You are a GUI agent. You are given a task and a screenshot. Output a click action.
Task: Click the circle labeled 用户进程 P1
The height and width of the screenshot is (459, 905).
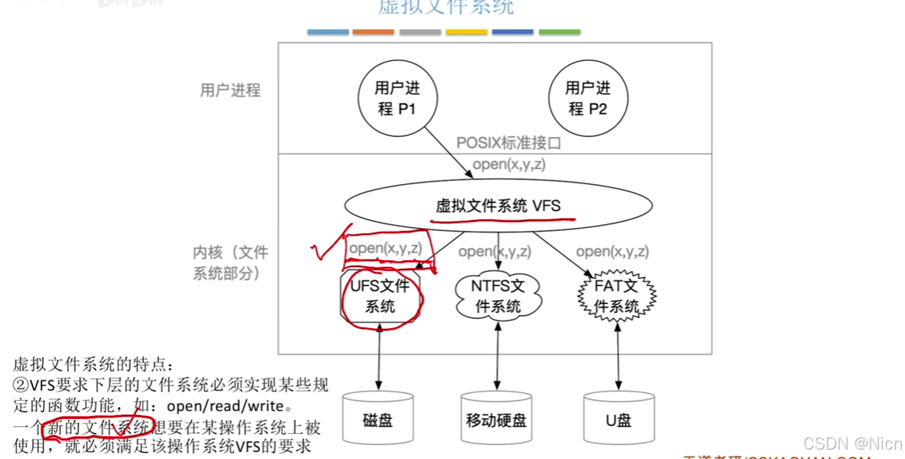pos(397,98)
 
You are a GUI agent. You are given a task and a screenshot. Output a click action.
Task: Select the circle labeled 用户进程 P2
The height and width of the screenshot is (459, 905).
pos(587,98)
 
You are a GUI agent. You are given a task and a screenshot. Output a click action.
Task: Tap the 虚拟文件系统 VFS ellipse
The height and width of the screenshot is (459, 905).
pos(498,206)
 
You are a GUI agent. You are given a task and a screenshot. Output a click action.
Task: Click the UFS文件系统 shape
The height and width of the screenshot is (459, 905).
pos(380,296)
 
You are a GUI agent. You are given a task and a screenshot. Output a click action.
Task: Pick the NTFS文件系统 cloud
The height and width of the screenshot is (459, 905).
pos(497,296)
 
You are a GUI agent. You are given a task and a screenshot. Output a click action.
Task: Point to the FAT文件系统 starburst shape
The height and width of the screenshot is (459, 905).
pos(616,296)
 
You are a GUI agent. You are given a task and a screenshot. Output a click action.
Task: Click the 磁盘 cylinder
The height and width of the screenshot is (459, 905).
pos(378,419)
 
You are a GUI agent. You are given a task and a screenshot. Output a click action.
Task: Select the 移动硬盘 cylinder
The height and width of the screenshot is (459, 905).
pos(496,419)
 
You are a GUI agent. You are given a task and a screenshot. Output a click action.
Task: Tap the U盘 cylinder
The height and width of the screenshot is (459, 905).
pos(618,419)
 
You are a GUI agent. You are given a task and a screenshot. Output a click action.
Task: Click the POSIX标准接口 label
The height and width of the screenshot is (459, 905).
pos(509,144)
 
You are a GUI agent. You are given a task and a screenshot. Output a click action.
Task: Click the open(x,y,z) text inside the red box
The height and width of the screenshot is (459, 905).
pos(386,248)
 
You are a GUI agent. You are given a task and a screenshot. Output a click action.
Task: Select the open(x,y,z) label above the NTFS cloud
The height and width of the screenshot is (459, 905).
pos(495,251)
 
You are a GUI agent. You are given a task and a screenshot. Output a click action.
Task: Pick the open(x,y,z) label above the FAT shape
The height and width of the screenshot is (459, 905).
pos(612,251)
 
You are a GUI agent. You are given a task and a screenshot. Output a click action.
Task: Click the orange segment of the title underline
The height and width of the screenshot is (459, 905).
pos(373,32)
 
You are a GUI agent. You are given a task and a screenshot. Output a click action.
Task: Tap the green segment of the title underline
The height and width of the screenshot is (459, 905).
pos(559,32)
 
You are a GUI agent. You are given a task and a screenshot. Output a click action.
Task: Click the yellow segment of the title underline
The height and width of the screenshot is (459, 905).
pos(466,32)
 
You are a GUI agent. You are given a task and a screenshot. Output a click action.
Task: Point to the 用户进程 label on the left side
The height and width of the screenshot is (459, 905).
pos(230,90)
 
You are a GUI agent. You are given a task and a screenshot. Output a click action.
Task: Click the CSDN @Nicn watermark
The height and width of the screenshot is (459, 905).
pos(853,443)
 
